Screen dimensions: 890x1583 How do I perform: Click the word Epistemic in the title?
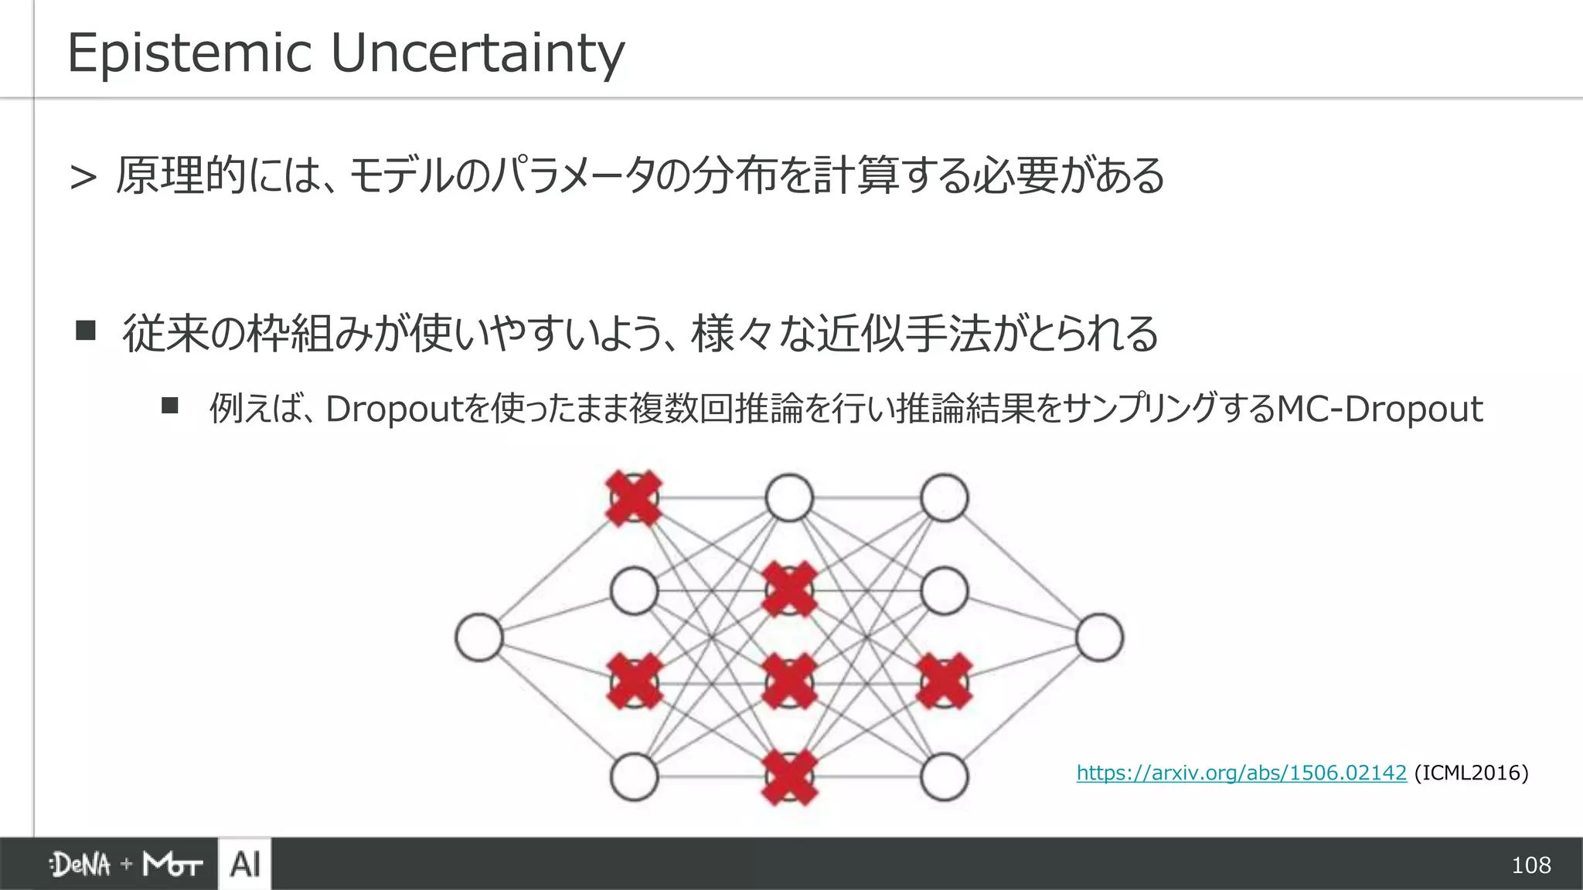(189, 54)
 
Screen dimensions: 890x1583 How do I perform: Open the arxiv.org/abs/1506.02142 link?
(1241, 773)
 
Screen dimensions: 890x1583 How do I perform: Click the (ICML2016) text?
(1471, 773)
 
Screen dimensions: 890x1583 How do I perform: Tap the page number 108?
(1530, 865)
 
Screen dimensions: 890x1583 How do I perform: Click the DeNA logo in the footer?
(80, 865)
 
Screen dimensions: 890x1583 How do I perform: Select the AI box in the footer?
(245, 864)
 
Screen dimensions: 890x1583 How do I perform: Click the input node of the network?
(479, 637)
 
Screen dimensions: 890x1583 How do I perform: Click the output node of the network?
(1099, 637)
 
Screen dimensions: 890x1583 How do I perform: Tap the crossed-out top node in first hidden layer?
(634, 498)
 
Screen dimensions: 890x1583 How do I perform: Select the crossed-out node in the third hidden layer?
(944, 681)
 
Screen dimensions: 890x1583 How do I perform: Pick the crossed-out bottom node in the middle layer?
(789, 777)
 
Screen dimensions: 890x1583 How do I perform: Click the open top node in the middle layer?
(789, 498)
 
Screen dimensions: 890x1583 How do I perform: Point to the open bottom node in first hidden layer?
(634, 777)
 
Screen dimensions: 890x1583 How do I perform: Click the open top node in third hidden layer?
(944, 498)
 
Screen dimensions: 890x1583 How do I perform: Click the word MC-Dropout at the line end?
(1379, 409)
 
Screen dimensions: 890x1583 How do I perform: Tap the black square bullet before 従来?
(85, 331)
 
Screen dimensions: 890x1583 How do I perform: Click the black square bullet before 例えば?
(170, 406)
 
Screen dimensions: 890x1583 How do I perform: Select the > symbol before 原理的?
(83, 178)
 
